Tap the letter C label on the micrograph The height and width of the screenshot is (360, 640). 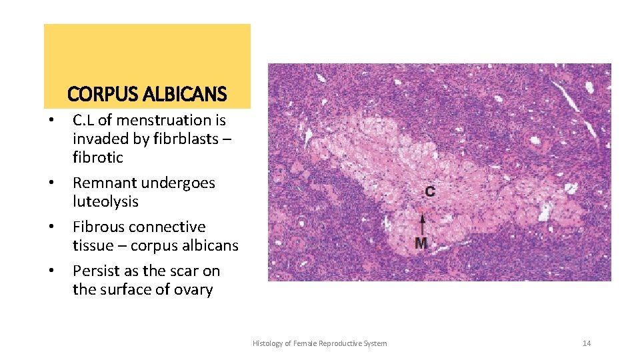430,192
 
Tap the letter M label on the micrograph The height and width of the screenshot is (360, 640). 421,244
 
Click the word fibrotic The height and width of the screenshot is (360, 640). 98,157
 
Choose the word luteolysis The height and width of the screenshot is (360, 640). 105,201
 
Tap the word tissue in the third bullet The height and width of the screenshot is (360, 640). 94,245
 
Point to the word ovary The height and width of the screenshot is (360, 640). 193,289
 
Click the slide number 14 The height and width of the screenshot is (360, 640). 587,343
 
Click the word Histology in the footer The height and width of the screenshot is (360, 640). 267,343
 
